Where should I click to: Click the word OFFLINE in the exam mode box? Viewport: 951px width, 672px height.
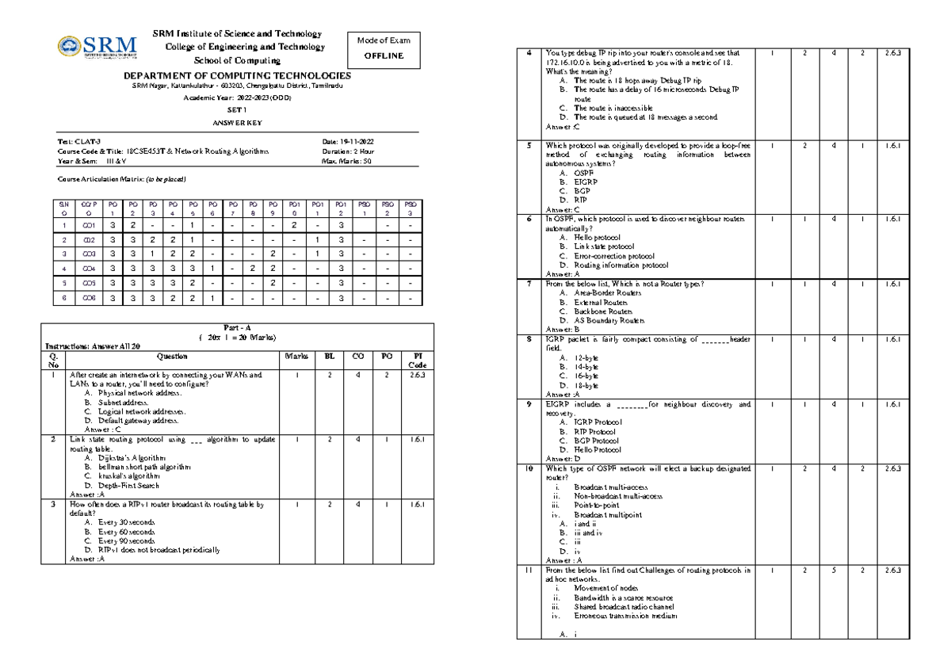384,56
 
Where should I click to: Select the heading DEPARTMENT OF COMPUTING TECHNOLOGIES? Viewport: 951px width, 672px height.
237,74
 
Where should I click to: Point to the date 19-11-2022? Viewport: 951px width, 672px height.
353,140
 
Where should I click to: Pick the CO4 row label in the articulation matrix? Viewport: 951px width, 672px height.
89,269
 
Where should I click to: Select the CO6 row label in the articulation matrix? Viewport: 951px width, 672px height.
89,298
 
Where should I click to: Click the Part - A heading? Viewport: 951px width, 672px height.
237,328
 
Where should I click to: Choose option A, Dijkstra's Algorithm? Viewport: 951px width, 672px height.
125,458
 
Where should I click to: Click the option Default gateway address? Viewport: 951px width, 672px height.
132,421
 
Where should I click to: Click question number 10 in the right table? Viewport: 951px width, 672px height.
529,468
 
